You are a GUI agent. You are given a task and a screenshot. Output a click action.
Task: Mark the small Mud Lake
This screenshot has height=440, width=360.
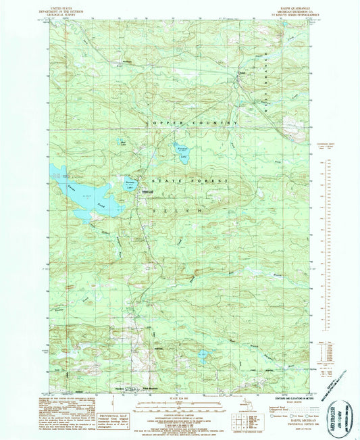coord(123,144)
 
